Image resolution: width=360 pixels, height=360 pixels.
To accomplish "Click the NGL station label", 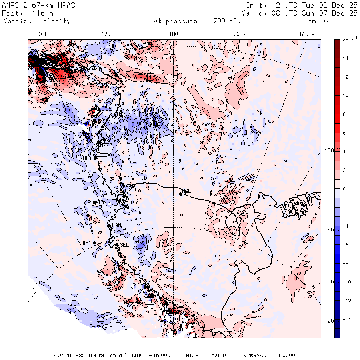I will (187, 191).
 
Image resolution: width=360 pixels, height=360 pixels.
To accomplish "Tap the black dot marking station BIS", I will (120, 178).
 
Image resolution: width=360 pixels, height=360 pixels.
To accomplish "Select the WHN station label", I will (87, 243).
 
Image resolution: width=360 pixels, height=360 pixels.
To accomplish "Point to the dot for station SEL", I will (116, 245).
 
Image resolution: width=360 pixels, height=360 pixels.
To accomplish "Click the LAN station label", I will (116, 226).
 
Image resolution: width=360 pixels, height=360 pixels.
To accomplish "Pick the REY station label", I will (87, 158).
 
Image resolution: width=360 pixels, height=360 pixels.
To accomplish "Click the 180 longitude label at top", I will (173, 34).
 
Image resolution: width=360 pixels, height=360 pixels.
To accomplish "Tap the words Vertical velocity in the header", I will (37, 21).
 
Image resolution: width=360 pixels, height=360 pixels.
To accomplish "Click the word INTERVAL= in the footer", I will (255, 355).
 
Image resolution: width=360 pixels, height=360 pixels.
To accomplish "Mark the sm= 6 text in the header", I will (320, 21).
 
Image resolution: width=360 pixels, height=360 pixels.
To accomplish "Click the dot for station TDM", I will (95, 203).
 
